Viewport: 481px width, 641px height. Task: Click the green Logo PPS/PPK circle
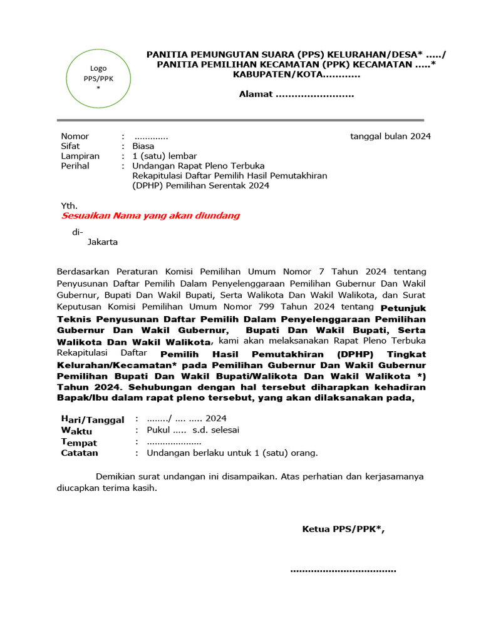point(98,79)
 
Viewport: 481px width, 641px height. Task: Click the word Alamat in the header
point(256,95)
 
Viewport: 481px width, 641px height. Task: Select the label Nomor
point(75,136)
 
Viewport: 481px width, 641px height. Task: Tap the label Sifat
point(70,146)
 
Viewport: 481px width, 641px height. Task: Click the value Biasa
point(143,146)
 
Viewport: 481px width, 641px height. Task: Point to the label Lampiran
point(80,156)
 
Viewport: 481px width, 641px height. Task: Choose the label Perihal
point(75,167)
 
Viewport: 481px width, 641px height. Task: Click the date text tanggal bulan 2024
point(390,136)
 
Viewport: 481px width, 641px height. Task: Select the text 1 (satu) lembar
point(165,156)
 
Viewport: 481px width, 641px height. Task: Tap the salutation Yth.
point(69,205)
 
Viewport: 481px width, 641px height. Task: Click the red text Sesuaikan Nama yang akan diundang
point(150,216)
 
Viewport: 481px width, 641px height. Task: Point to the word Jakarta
point(102,242)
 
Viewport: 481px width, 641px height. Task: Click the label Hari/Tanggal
point(92,419)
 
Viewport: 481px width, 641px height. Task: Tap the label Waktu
point(76,431)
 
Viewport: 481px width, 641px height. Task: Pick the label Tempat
point(79,442)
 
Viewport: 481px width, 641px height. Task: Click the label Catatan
point(80,453)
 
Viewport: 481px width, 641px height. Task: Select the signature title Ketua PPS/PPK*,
point(343,530)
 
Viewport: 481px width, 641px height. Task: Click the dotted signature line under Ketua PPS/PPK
point(343,570)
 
